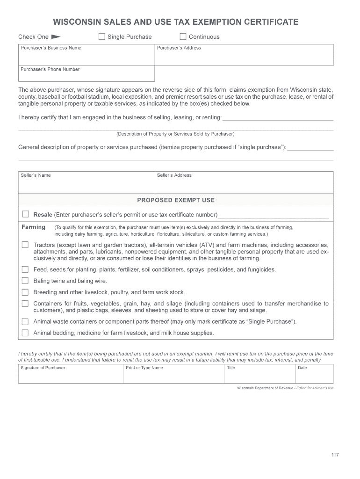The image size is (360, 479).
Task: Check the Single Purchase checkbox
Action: pyautogui.click(x=101, y=36)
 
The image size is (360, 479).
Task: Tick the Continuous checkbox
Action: pyautogui.click(x=183, y=36)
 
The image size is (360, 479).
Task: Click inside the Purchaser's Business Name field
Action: pyautogui.click(x=86, y=57)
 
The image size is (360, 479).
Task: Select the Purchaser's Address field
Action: pyautogui.click(x=244, y=57)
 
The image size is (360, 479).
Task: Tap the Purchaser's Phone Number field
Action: pyautogui.click(x=86, y=76)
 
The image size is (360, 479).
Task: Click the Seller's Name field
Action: pyautogui.click(x=86, y=184)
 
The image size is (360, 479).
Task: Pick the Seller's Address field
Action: pyautogui.click(x=244, y=184)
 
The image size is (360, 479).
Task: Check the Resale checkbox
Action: pyautogui.click(x=26, y=214)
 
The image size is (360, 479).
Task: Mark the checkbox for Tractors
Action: pyautogui.click(x=25, y=245)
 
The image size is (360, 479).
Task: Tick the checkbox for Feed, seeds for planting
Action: pyautogui.click(x=25, y=269)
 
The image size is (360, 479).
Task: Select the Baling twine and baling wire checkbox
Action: pyautogui.click(x=25, y=281)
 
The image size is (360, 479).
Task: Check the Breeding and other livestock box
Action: pyautogui.click(x=25, y=292)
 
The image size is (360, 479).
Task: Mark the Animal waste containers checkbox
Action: pyautogui.click(x=25, y=321)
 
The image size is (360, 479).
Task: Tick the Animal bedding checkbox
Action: pyautogui.click(x=25, y=333)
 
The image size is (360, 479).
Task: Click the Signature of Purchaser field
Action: pyautogui.click(x=70, y=376)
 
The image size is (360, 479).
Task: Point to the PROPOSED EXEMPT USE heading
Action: pyautogui.click(x=176, y=200)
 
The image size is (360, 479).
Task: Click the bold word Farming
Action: pyautogui.click(x=34, y=227)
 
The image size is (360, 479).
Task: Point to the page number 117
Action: pyautogui.click(x=335, y=455)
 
